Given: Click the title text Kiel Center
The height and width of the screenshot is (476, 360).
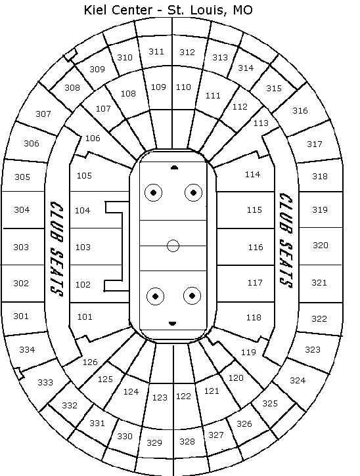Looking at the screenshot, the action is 118,10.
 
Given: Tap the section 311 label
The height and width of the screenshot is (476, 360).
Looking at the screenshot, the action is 156,52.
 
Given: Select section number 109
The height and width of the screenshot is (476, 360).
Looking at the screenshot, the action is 158,87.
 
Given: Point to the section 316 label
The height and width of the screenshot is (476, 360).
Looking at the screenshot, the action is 300,110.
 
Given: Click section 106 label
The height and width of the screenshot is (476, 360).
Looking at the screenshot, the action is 93,138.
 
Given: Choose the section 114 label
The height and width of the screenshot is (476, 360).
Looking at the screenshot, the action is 253,174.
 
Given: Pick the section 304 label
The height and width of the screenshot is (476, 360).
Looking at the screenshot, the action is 22,209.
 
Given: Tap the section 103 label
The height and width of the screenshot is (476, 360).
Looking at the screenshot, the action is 83,247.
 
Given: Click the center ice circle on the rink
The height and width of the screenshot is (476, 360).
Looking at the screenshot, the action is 173,246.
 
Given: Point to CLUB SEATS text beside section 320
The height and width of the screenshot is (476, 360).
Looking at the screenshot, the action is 286,240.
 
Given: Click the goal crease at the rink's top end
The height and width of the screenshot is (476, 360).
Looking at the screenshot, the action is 174,167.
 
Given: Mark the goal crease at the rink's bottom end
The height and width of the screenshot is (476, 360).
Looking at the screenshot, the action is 172,324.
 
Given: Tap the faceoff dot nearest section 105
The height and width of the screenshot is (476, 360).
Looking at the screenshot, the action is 154,192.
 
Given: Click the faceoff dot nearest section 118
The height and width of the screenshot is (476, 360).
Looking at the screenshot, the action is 192,295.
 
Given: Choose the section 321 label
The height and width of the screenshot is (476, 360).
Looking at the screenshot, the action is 319,282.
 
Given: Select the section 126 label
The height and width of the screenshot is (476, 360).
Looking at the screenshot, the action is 90,362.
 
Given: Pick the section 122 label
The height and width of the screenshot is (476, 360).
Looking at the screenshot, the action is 183,396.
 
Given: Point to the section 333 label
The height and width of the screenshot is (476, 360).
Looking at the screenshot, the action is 45,382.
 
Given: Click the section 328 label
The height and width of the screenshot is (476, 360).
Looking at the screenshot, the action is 187,441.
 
